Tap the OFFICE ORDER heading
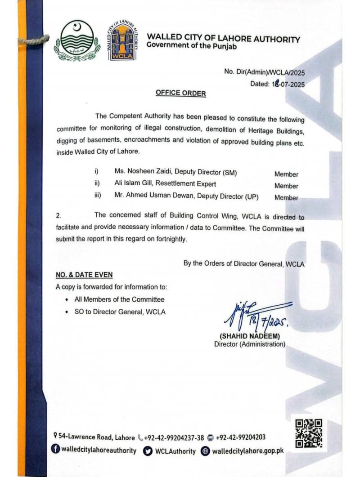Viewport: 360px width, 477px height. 180,93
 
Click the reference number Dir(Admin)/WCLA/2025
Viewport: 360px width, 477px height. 264,72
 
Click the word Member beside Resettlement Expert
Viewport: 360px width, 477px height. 286,186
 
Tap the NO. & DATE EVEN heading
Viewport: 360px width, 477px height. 84,275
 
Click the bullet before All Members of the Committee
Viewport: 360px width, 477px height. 67,300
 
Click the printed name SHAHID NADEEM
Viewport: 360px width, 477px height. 249,336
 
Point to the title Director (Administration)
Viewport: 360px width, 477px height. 249,344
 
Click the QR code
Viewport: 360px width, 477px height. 309,433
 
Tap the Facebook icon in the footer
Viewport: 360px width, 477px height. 55,450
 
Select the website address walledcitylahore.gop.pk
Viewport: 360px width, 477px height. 247,450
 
